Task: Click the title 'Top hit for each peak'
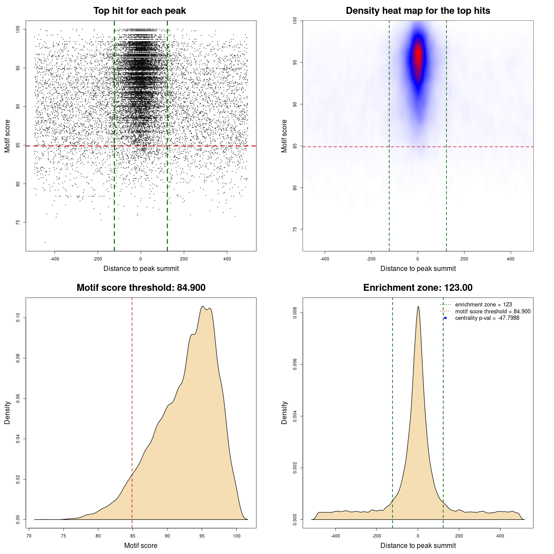(x=139, y=11)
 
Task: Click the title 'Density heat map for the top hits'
(x=418, y=11)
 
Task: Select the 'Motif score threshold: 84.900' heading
(x=141, y=288)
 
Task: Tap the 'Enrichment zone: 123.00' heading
(x=418, y=288)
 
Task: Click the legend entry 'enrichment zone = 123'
(x=483, y=305)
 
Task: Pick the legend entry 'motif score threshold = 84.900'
(x=493, y=312)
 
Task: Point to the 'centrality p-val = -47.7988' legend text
(x=487, y=318)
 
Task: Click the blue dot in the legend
(x=445, y=318)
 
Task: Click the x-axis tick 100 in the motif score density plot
(x=236, y=536)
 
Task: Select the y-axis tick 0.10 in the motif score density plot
(x=18, y=318)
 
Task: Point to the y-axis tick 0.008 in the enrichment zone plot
(x=295, y=313)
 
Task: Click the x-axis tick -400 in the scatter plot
(x=55, y=259)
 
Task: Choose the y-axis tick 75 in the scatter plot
(x=18, y=222)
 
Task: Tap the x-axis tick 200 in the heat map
(x=464, y=259)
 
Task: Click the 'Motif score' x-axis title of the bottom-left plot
(x=141, y=545)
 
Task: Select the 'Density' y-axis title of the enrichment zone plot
(x=284, y=412)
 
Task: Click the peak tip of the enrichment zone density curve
(x=418, y=307)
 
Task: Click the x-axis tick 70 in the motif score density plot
(x=29, y=536)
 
